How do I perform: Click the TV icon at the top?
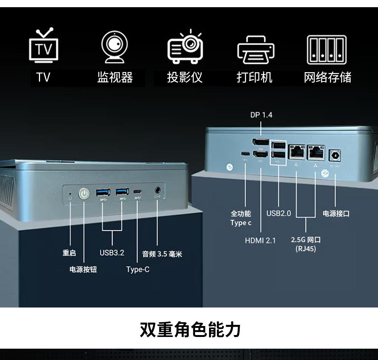(44, 46)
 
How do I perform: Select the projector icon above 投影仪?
(185, 46)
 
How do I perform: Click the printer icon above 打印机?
(256, 49)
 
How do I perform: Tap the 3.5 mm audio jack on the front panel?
(158, 191)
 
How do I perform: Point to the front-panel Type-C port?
(138, 192)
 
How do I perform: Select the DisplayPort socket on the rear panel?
(260, 142)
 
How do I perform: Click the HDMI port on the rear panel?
(260, 154)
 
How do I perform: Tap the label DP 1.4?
(261, 115)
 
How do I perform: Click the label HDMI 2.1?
(260, 240)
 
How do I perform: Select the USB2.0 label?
(279, 213)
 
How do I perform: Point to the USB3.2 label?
(112, 253)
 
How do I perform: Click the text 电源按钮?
(83, 269)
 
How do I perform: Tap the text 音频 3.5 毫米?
(162, 254)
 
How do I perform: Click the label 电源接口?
(336, 214)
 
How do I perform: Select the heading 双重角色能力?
(190, 330)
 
